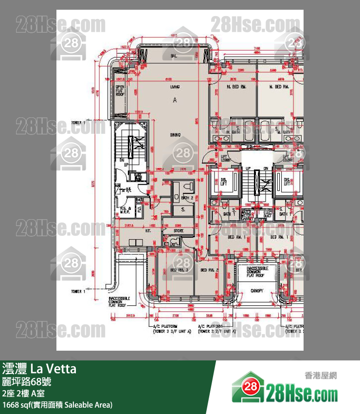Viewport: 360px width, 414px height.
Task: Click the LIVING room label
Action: coord(175,87)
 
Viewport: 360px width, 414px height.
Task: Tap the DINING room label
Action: coord(175,134)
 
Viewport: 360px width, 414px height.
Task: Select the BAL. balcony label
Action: coord(173,56)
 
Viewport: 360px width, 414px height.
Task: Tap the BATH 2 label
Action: coord(187,198)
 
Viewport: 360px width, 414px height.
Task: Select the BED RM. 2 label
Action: coord(210,269)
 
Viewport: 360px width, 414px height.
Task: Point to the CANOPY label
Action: coord(257,291)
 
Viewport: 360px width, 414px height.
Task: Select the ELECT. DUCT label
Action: coord(267,213)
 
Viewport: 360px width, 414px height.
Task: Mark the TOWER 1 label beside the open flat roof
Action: coord(77,123)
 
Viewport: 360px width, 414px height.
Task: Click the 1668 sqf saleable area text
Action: coord(57,405)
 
